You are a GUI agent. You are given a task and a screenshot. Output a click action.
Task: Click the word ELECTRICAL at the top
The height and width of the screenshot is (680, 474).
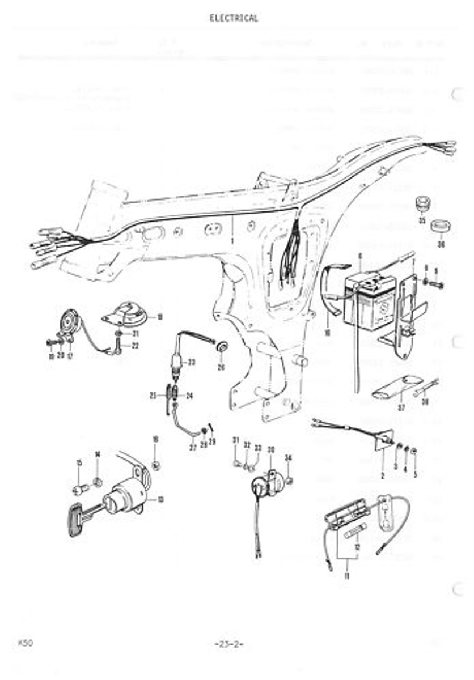point(234,18)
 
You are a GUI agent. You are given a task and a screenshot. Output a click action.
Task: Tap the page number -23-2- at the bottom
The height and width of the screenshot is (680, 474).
point(229,644)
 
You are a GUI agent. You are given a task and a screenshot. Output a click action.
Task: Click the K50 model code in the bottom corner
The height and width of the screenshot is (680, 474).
point(25,643)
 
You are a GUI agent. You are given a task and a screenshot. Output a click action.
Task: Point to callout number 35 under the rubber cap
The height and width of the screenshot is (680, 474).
point(422,220)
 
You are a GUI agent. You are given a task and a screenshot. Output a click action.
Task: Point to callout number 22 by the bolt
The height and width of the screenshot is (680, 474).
point(135,345)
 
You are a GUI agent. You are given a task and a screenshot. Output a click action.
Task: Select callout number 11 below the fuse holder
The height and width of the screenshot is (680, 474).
point(346,576)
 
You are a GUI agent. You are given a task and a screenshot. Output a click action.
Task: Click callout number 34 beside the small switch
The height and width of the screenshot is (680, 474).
point(288,457)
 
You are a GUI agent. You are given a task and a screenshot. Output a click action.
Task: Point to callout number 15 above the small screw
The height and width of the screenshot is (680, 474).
point(79,464)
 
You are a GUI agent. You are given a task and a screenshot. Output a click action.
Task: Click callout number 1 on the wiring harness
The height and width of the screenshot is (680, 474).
point(232,241)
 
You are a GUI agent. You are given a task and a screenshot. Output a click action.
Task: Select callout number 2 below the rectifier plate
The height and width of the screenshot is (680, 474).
point(383,477)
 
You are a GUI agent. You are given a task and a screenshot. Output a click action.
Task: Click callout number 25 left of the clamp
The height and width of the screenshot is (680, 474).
point(154,396)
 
